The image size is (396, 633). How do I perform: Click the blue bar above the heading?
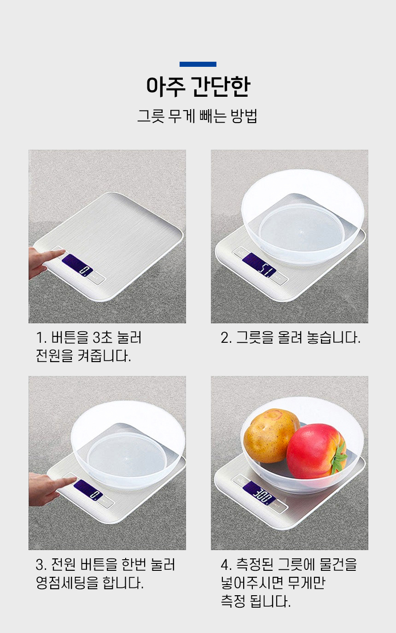click(198, 64)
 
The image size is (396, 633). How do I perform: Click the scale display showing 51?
click(259, 264)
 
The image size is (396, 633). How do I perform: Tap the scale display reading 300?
click(259, 492)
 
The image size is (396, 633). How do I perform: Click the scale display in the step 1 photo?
click(77, 265)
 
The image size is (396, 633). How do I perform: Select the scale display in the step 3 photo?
click(88, 490)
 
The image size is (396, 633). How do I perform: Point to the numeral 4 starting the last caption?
click(225, 565)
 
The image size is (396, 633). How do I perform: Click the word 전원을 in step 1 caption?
click(54, 356)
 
